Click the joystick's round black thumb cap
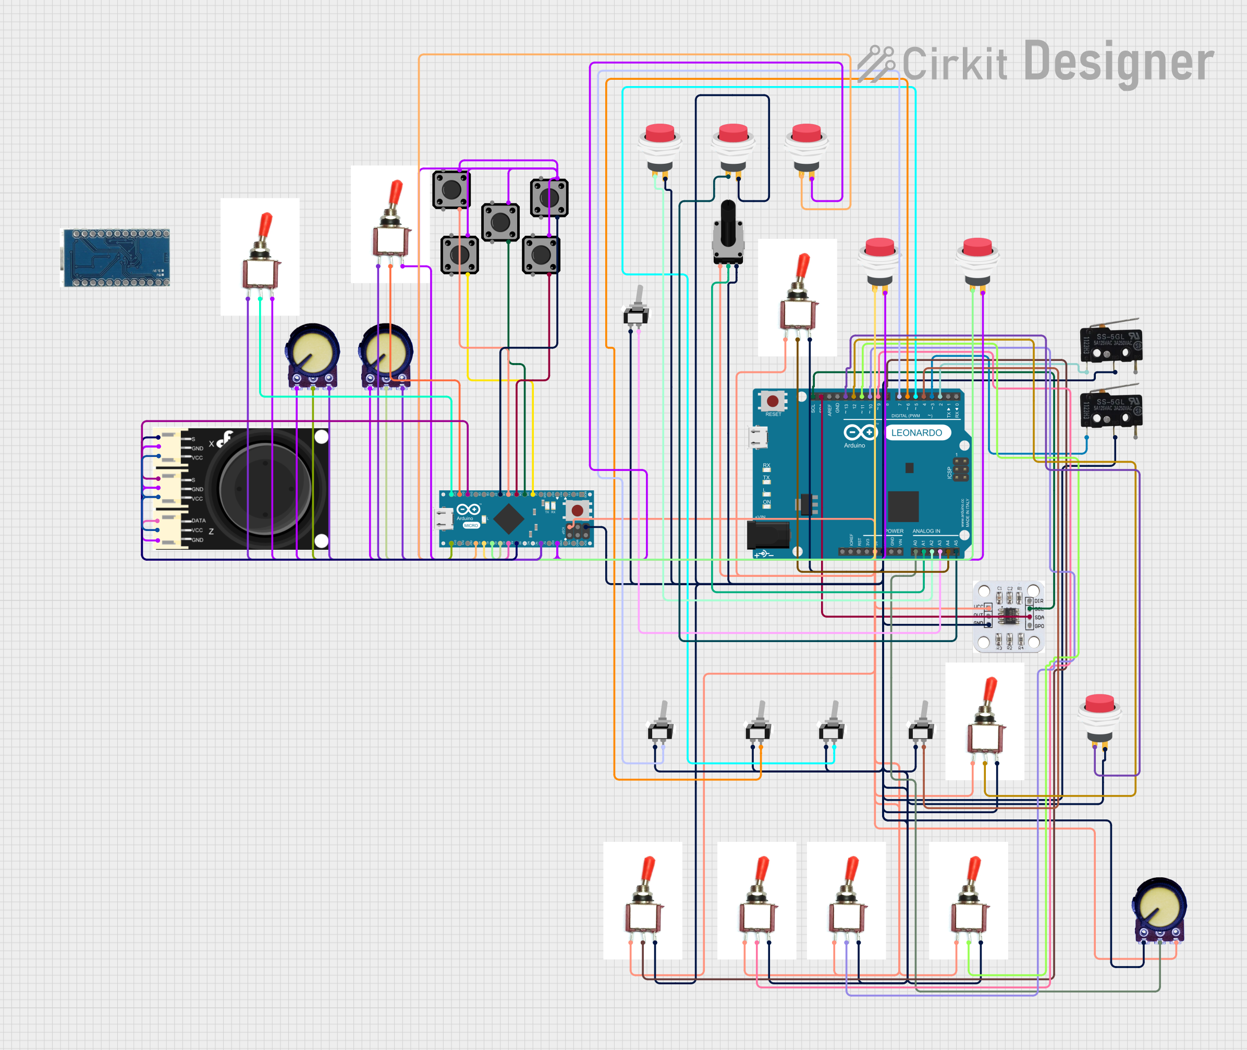[x=265, y=489]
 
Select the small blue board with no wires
[x=117, y=258]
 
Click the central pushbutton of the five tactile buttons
[x=500, y=223]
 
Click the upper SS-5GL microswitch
[x=1111, y=345]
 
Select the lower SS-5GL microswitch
[x=1111, y=410]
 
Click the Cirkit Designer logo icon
[x=876, y=63]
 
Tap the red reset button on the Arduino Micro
[x=577, y=510]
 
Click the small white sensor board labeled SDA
[x=1008, y=616]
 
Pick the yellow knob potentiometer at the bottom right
[x=1159, y=909]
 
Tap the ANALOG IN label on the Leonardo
[x=926, y=531]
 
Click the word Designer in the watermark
[x=1118, y=62]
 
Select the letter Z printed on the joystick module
[x=211, y=532]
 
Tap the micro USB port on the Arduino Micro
[x=444, y=518]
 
